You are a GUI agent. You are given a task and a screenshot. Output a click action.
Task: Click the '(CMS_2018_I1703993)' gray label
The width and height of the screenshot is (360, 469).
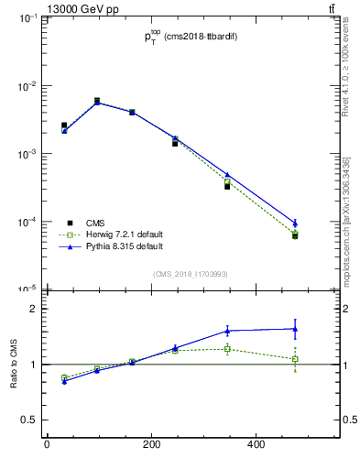pyautogui.click(x=190, y=274)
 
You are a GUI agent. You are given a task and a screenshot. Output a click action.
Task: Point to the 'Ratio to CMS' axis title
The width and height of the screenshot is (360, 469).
pyautogui.click(x=16, y=365)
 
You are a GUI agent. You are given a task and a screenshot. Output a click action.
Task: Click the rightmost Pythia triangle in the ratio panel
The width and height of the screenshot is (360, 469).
pyautogui.click(x=295, y=329)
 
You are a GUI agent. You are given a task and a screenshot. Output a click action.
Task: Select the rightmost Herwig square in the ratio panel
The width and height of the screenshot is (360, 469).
pyautogui.click(x=295, y=359)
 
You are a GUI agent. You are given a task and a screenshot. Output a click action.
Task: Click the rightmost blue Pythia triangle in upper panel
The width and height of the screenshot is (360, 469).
pyautogui.click(x=295, y=222)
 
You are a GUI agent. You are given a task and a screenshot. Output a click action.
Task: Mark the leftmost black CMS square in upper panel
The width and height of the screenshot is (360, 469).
pyautogui.click(x=64, y=125)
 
